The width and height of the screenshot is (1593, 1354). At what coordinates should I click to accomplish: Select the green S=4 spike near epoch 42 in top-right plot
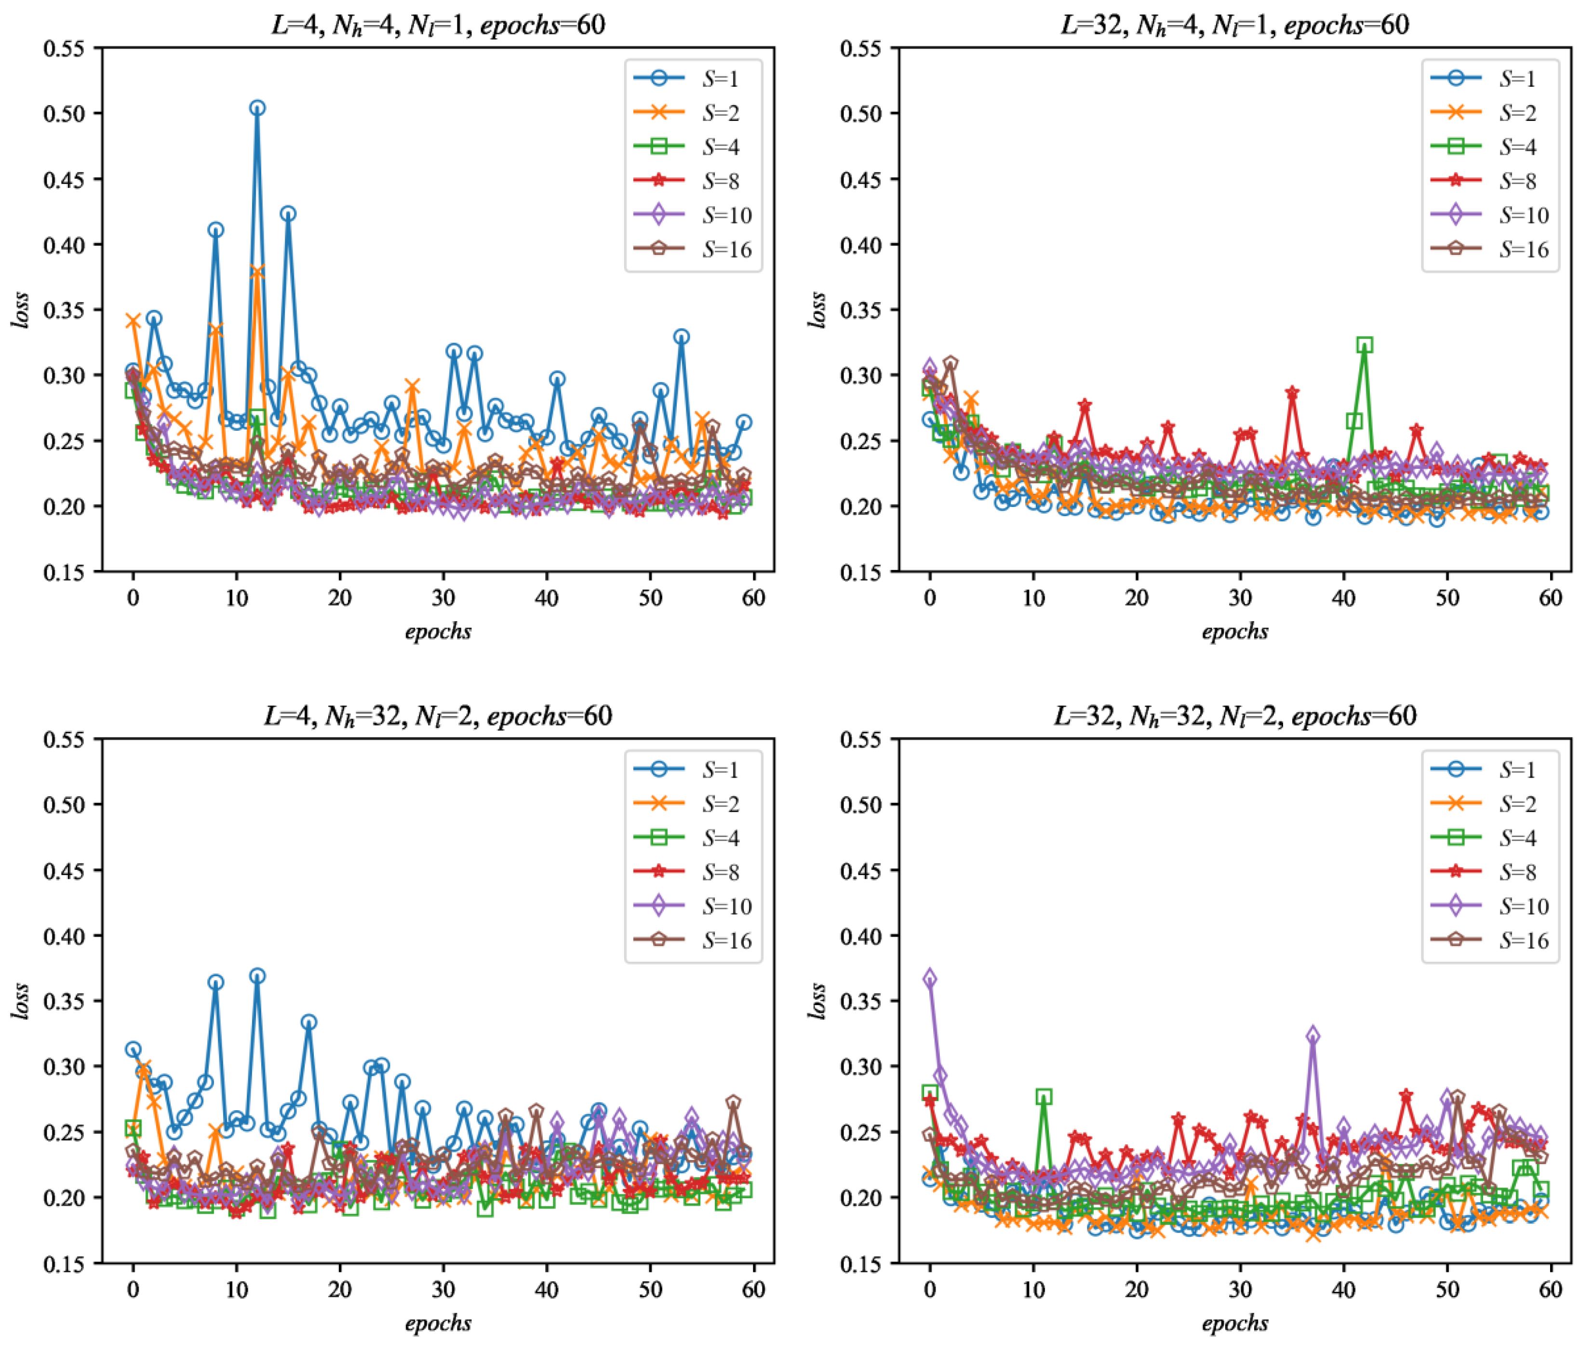click(x=1364, y=345)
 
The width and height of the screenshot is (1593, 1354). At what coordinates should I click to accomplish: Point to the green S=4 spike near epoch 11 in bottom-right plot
click(x=1044, y=1097)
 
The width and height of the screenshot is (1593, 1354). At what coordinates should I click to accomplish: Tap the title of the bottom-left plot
click(x=438, y=716)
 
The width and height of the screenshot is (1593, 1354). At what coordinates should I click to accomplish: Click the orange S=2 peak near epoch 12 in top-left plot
click(x=257, y=273)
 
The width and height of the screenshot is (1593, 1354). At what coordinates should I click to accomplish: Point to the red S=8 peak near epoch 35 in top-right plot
click(x=1292, y=393)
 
